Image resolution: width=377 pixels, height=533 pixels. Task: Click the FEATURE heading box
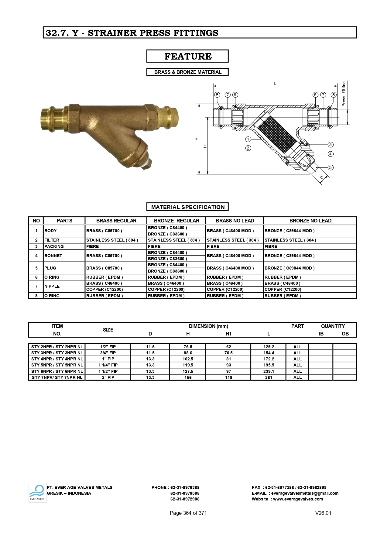click(x=187, y=56)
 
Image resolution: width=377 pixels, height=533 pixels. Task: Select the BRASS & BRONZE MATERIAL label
click(x=187, y=72)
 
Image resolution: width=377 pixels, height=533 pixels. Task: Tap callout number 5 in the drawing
click(x=331, y=167)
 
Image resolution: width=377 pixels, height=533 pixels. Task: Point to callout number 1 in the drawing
click(x=248, y=139)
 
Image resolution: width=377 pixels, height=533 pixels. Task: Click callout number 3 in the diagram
click(x=331, y=145)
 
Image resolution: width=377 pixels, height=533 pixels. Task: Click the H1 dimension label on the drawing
click(x=205, y=146)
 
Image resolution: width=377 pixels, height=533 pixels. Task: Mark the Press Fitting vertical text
click(x=344, y=94)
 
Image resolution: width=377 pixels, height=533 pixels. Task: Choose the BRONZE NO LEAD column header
click(x=310, y=221)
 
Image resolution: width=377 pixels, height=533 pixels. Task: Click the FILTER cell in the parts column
click(x=52, y=240)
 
